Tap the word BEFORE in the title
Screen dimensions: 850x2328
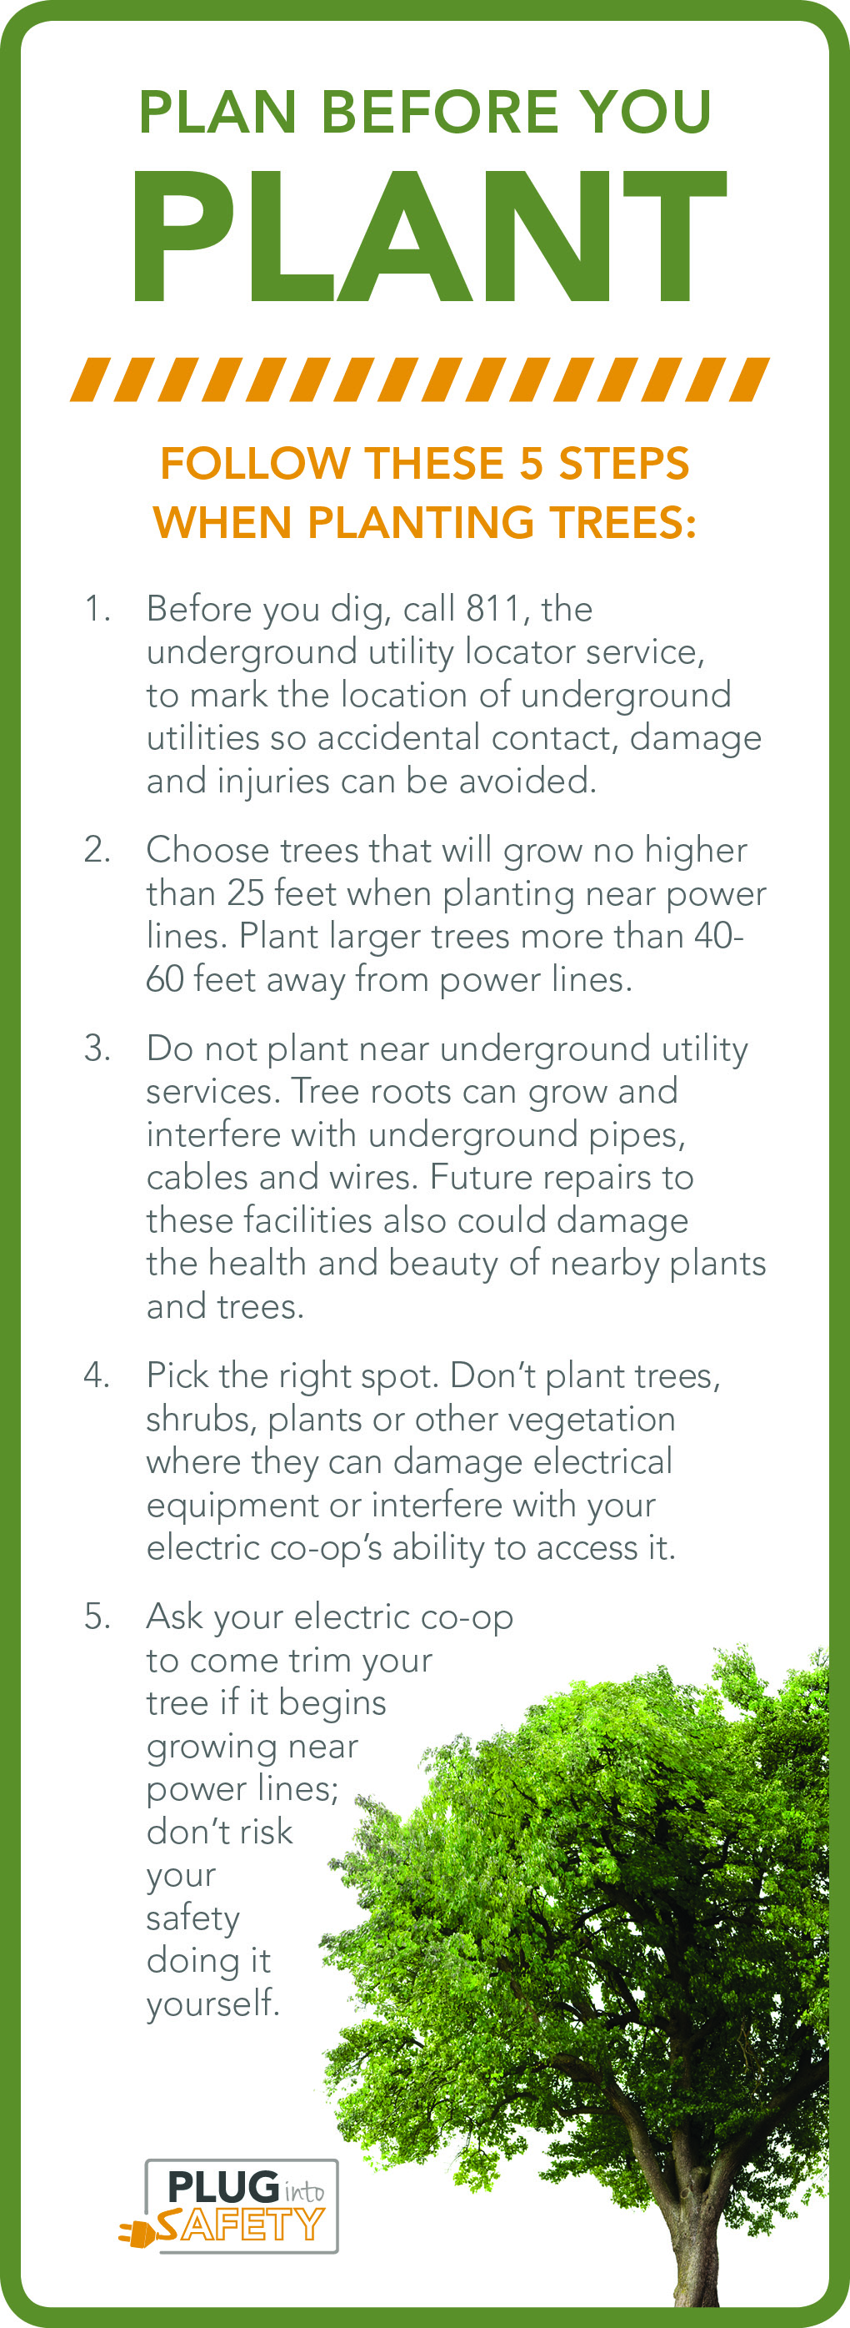tap(439, 112)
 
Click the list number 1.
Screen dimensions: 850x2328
tap(97, 609)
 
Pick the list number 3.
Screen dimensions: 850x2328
tap(97, 1048)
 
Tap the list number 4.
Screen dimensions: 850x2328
tap(97, 1375)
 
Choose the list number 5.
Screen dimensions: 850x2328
tap(97, 1617)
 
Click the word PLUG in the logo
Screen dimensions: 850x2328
tap(223, 2187)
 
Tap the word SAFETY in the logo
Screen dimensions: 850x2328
tap(240, 2224)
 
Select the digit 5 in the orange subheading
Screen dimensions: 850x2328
tap(531, 464)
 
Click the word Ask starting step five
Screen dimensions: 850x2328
tap(175, 1617)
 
